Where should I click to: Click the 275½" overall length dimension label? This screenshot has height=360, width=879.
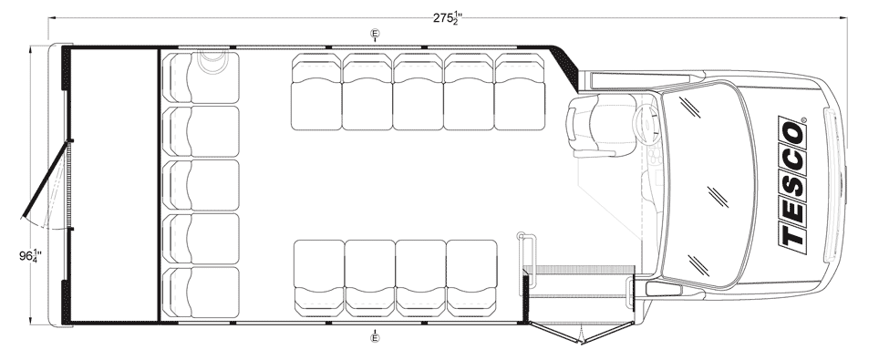click(448, 18)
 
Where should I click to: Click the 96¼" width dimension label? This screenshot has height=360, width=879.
click(30, 256)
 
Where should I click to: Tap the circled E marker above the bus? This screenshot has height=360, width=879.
click(375, 35)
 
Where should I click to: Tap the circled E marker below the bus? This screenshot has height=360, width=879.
click(375, 337)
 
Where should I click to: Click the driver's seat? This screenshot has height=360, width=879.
click(601, 125)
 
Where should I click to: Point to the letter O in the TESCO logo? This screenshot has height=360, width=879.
click(793, 133)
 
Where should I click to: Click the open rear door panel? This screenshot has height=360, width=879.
click(46, 179)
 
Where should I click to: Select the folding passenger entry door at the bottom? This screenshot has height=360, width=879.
click(583, 333)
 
